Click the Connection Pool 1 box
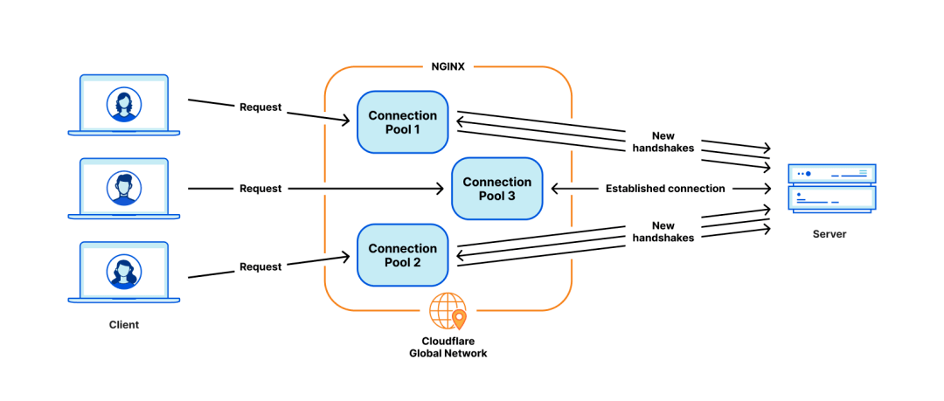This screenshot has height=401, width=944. point(403,122)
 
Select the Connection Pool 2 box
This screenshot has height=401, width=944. point(403,255)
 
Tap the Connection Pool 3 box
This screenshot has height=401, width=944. point(497,189)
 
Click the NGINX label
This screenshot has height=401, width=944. point(448,66)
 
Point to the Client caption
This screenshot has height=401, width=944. point(124,324)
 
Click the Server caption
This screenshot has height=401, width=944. point(829,233)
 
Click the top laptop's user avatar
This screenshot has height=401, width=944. point(124,105)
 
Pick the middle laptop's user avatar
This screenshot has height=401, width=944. point(124,188)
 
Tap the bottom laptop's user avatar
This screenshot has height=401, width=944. point(124,271)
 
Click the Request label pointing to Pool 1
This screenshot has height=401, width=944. point(260,107)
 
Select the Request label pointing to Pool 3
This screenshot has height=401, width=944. point(260,189)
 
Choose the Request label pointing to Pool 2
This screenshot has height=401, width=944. point(260,266)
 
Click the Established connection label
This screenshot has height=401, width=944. point(665,189)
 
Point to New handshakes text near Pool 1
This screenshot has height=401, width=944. point(664,142)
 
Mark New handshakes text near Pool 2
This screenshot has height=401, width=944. point(664,232)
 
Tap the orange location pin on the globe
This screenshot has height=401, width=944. point(459,320)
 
